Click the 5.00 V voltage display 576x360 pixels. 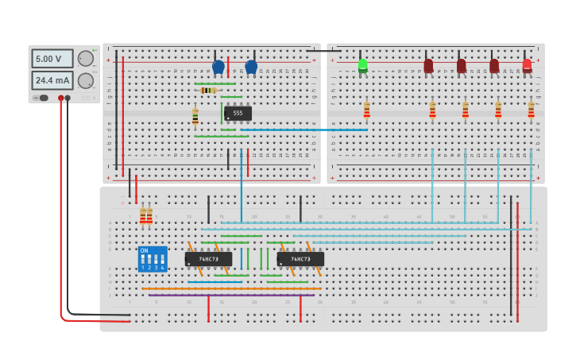tap(52, 59)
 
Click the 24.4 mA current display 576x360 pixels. tap(52, 80)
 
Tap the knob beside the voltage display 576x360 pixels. tap(85, 58)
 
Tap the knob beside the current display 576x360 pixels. tap(85, 80)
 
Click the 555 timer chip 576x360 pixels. tap(238, 113)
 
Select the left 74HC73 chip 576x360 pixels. tap(208, 259)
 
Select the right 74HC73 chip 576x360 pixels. tap(300, 259)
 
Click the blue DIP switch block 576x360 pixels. tap(152, 259)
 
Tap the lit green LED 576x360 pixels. tap(363, 64)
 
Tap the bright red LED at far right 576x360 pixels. tap(528, 64)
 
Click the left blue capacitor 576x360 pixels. tap(218, 67)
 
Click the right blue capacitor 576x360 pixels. tap(251, 67)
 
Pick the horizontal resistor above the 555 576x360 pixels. tap(208, 91)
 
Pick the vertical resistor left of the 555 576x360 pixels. tap(195, 117)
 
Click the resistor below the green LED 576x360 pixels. tap(366, 110)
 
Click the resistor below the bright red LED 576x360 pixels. tap(532, 110)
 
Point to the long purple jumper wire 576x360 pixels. tap(230, 296)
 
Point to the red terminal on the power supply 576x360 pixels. tap(60, 98)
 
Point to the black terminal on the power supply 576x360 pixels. tap(68, 98)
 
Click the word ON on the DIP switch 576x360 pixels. tap(144, 250)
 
